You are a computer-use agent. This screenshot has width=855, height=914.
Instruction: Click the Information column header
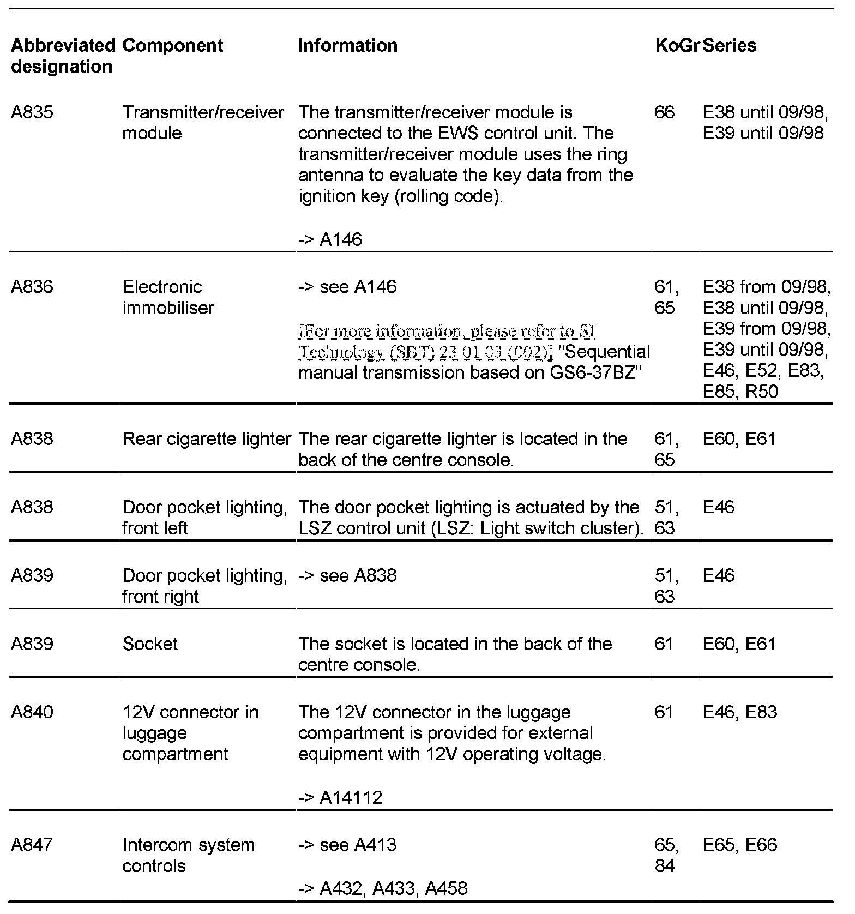(348, 45)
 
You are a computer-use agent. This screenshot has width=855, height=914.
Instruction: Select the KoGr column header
(677, 45)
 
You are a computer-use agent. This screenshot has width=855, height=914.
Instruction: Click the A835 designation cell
(32, 112)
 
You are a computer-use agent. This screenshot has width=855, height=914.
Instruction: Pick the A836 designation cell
(32, 287)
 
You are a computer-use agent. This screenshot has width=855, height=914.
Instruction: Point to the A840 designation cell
(32, 712)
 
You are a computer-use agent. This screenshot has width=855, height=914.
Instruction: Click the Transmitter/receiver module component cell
(203, 123)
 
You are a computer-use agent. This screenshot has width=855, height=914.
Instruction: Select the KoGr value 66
(664, 112)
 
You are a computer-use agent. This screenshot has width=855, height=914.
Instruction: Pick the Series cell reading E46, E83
(739, 712)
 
